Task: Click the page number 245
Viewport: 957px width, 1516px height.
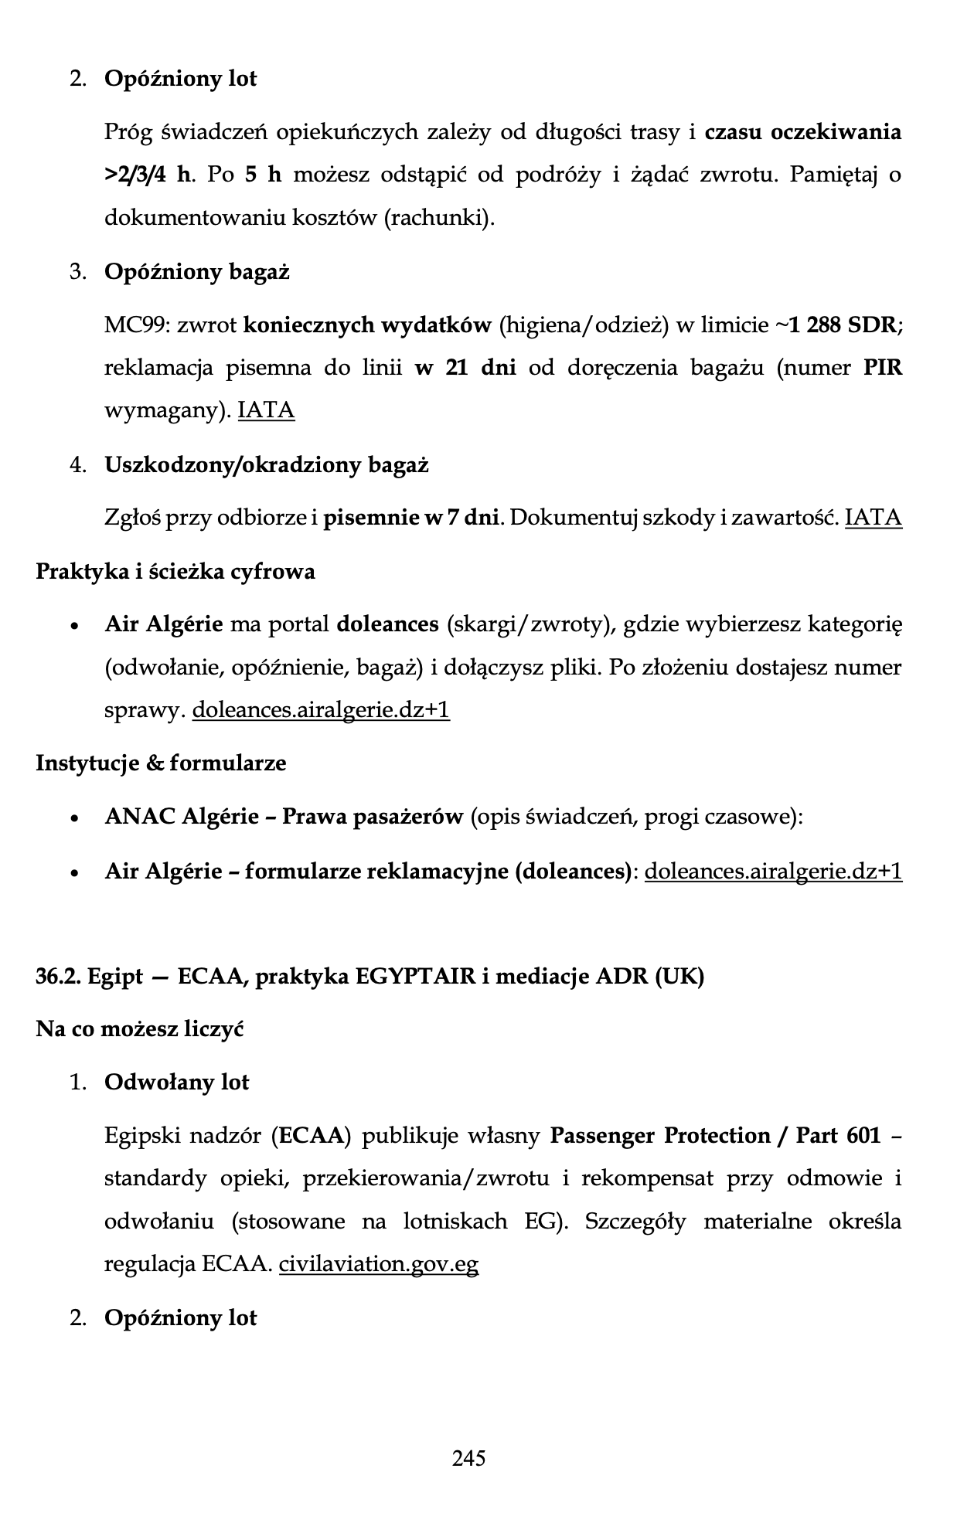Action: click(x=469, y=1457)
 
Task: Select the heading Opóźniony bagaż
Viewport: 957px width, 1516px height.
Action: click(x=196, y=272)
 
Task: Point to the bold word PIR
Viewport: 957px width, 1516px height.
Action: click(x=882, y=367)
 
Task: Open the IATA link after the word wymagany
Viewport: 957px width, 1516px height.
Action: click(x=266, y=410)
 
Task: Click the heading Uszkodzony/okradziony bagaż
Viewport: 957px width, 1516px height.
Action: click(x=266, y=465)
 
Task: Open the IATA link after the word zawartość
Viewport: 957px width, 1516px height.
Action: click(x=874, y=517)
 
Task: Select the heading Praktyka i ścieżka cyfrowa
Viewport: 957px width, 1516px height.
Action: click(x=175, y=572)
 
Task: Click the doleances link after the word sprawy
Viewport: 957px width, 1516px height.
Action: click(x=320, y=709)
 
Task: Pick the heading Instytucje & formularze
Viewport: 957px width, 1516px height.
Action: click(x=161, y=763)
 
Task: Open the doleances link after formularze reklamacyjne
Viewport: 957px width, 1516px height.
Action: click(x=773, y=872)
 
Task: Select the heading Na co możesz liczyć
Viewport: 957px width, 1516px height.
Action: click(x=140, y=1030)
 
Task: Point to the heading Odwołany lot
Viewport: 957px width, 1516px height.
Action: click(x=176, y=1083)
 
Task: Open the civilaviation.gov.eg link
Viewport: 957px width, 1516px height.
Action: click(x=379, y=1265)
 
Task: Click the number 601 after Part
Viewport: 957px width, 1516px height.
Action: click(x=863, y=1136)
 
